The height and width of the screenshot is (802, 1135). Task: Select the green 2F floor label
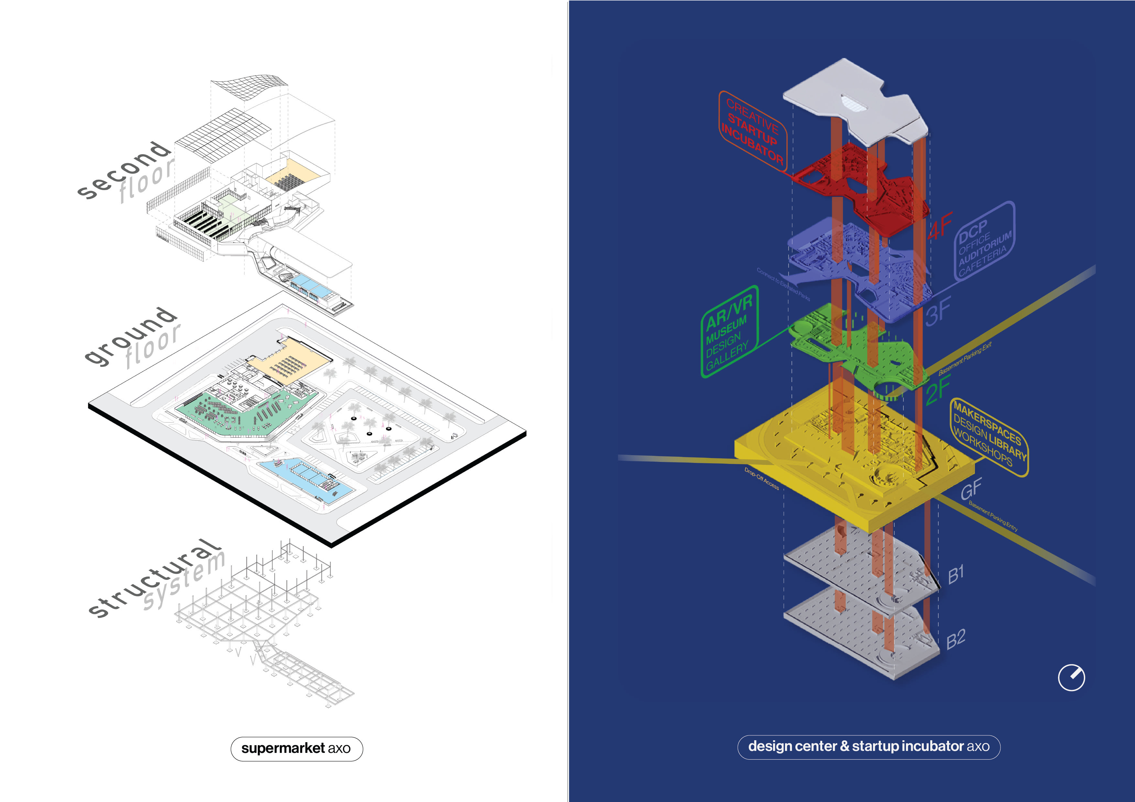937,390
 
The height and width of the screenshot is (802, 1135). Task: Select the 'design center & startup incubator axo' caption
868,746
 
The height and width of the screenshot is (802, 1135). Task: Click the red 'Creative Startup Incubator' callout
752,131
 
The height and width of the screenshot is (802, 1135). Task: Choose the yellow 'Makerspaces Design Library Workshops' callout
989,437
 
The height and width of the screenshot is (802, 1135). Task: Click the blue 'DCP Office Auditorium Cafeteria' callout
984,242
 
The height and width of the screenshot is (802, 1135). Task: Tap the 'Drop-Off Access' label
761,478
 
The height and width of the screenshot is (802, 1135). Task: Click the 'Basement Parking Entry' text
993,516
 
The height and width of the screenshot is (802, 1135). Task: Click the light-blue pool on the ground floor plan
307,476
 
